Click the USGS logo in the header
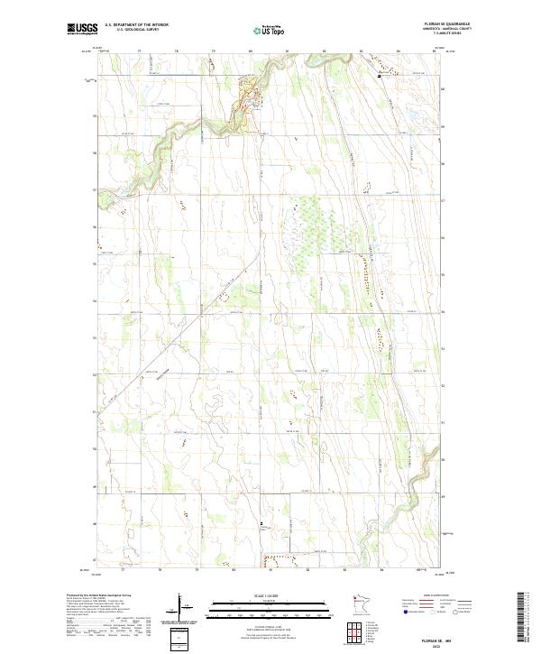coord(81,30)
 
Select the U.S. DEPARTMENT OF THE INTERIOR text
coord(136,26)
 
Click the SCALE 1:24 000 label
coord(261,594)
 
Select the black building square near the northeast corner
coord(380,77)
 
